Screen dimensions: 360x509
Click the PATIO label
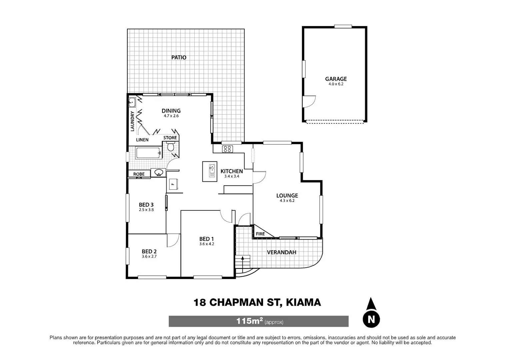pyautogui.click(x=179, y=57)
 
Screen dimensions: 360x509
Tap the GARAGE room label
pyautogui.click(x=336, y=79)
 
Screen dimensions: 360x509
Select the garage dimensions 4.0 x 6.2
pyautogui.click(x=336, y=84)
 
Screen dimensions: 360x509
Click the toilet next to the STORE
pyautogui.click(x=171, y=147)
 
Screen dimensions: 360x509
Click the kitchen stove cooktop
pyautogui.click(x=227, y=149)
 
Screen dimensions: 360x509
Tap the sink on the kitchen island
pyautogui.click(x=212, y=171)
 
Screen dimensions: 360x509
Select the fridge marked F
pyautogui.click(x=173, y=184)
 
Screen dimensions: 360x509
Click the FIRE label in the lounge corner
pyautogui.click(x=260, y=234)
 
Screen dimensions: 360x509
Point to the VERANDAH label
pyautogui.click(x=282, y=252)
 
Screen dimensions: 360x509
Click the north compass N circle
pyautogui.click(x=371, y=319)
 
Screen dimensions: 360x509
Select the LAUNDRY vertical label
pyautogui.click(x=132, y=121)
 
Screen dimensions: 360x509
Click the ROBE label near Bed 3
pyautogui.click(x=139, y=174)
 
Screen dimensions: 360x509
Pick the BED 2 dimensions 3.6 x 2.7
pyautogui.click(x=149, y=257)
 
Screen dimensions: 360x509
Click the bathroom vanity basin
pyautogui.click(x=159, y=173)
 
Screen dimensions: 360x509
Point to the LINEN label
pyautogui.click(x=142, y=140)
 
